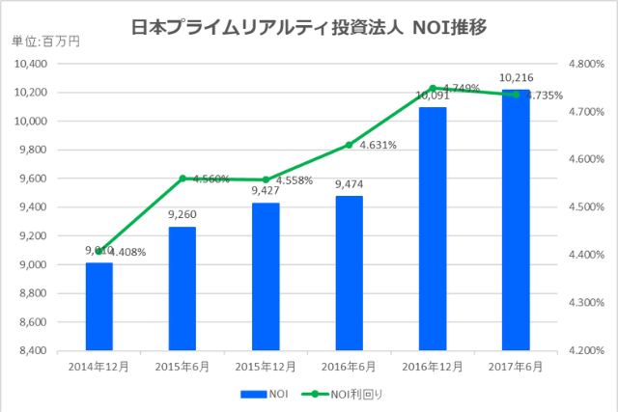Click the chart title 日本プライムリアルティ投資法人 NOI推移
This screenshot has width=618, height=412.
308,26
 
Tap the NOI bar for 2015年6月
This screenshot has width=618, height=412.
182,288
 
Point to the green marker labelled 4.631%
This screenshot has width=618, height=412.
349,145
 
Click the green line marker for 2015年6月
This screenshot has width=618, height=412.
182,179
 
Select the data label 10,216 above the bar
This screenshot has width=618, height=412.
516,77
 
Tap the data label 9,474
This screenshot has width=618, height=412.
349,184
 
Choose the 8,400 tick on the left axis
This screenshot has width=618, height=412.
34,351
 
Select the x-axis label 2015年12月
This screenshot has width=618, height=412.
266,367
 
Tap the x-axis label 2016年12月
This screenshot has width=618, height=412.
433,367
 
